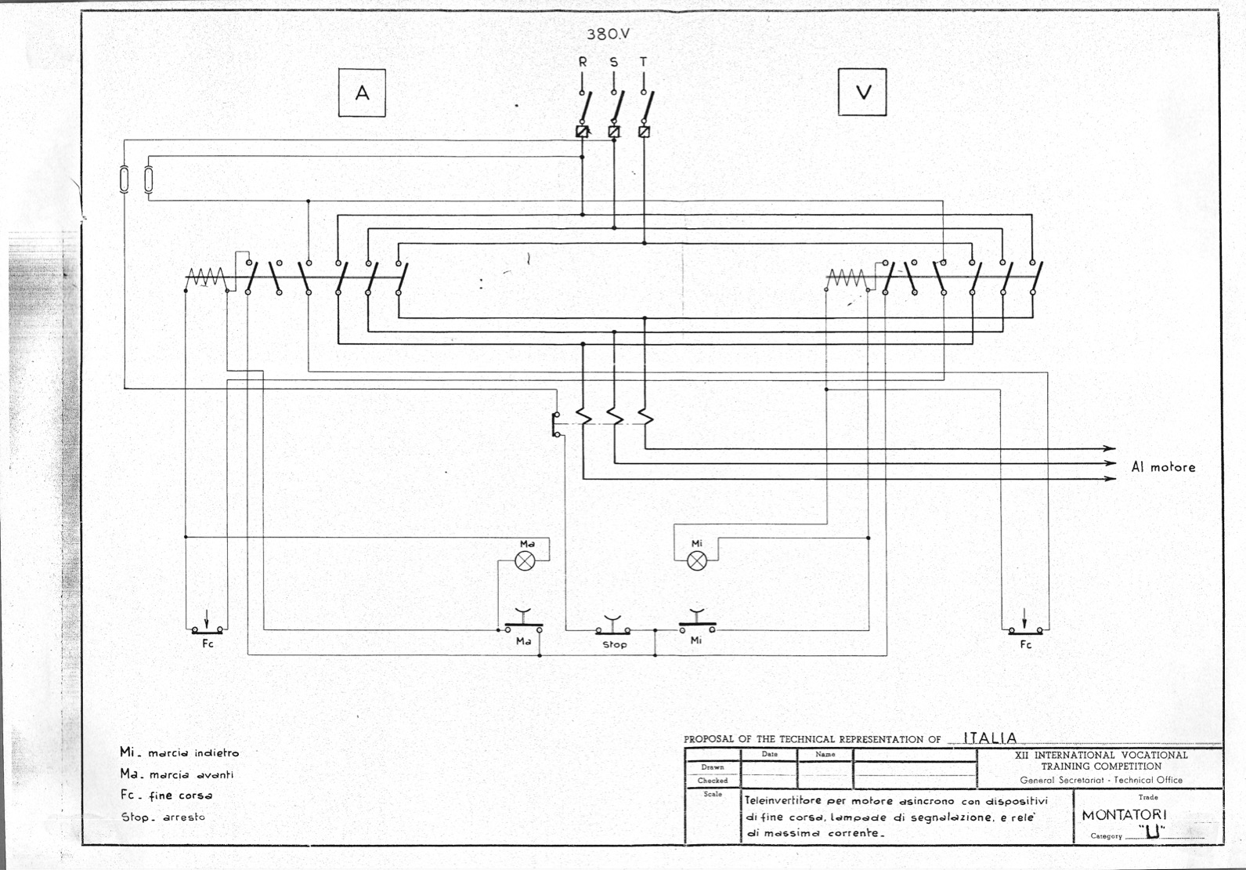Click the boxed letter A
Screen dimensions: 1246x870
pos(362,92)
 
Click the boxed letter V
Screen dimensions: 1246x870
pos(862,92)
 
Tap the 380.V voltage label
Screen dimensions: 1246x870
pos(608,34)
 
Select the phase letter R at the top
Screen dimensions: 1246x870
pos(583,62)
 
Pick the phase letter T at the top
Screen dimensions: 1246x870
pos(644,62)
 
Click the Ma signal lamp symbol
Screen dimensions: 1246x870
pos(525,560)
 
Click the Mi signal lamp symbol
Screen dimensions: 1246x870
pos(697,560)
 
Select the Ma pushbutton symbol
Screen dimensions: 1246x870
pos(523,622)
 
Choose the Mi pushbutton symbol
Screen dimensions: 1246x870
pos(698,622)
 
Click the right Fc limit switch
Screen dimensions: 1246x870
pos(1025,624)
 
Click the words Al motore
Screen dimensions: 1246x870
pos(1163,467)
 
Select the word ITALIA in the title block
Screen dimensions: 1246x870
pos(990,738)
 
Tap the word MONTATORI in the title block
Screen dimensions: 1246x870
pos(1124,815)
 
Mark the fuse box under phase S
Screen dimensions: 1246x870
pos(614,132)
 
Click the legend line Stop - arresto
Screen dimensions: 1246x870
pos(163,817)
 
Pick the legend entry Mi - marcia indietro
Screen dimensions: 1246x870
pos(179,752)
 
